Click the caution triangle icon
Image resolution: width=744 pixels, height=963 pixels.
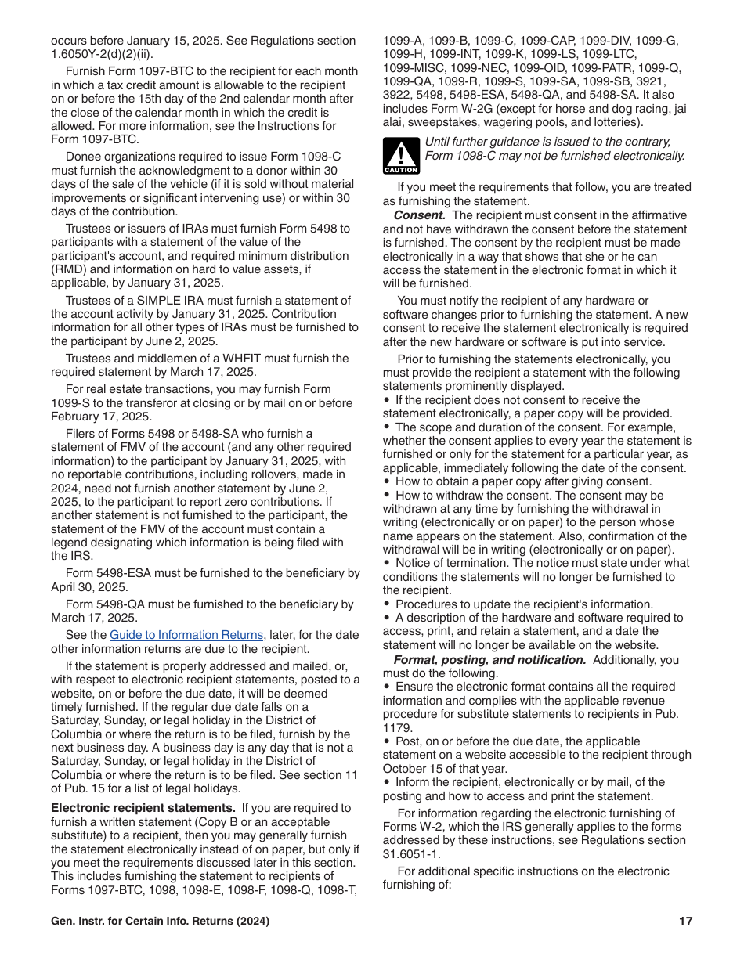400,155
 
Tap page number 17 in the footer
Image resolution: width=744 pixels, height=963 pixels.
685,922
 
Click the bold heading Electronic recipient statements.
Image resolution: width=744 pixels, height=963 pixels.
143,808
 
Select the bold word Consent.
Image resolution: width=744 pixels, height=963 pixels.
420,215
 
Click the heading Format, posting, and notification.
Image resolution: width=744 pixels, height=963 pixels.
489,660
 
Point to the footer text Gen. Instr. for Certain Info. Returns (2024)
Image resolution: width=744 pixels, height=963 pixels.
160,922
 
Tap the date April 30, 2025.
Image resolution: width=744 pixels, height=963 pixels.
89,587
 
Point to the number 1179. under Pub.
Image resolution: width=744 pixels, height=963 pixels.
397,727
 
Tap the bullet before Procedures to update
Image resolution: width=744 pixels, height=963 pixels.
387,604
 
